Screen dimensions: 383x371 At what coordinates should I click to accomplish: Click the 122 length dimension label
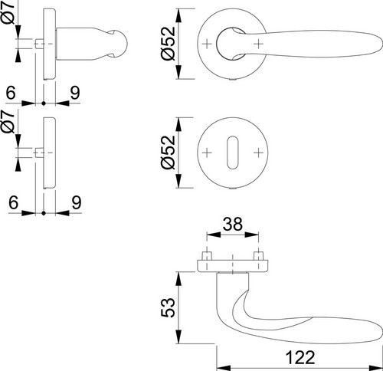(300, 357)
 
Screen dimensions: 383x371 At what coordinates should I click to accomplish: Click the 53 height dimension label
(169, 307)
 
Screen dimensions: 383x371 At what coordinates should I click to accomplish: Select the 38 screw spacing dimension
(232, 224)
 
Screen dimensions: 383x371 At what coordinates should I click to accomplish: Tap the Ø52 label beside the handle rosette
(169, 44)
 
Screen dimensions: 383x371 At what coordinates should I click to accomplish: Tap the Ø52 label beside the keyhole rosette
(169, 153)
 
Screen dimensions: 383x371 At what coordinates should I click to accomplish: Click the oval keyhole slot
(232, 153)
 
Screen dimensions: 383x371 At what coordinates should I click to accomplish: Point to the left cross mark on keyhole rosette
(207, 153)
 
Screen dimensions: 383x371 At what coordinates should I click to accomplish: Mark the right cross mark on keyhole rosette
(258, 153)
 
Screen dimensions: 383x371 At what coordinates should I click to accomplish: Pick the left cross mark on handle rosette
(207, 44)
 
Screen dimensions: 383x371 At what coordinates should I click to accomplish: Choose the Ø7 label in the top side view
(9, 13)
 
